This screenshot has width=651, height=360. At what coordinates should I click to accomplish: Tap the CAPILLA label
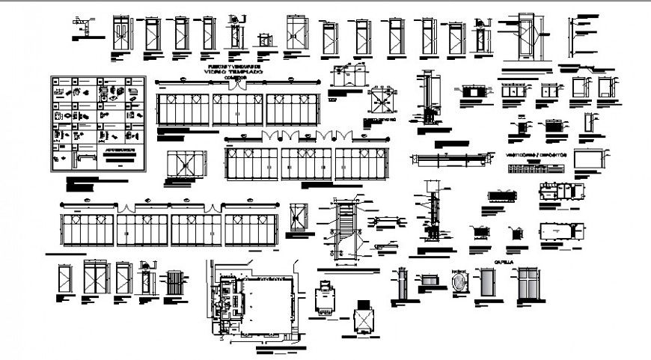(504, 263)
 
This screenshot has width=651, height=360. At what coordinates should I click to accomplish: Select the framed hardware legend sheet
(97, 123)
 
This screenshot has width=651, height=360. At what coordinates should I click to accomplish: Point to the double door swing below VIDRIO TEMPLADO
(236, 86)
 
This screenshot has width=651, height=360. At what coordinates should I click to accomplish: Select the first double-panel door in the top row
(121, 34)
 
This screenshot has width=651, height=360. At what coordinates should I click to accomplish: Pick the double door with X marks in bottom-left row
(96, 278)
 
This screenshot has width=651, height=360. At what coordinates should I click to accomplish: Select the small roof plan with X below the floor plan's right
(362, 319)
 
